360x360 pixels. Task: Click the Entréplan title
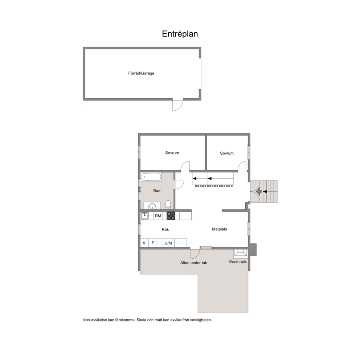[180, 34]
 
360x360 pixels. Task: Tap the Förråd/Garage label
[141, 73]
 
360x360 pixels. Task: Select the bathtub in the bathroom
[151, 177]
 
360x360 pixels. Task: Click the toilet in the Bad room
[168, 205]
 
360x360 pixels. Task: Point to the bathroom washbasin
[152, 206]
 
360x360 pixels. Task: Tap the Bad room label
[157, 191]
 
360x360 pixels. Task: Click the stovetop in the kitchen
[171, 216]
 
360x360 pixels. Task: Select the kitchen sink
[145, 216]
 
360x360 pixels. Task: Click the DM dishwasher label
[158, 216]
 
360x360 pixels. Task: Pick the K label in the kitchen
[144, 243]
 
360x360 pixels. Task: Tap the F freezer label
[153, 243]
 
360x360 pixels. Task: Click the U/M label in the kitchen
[168, 243]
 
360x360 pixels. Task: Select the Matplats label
[220, 229]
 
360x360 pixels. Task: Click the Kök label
[165, 229]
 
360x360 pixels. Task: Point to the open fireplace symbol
[240, 253]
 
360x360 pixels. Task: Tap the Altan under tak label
[193, 263]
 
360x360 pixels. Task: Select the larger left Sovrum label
[172, 153]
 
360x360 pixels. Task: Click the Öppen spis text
[238, 262]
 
